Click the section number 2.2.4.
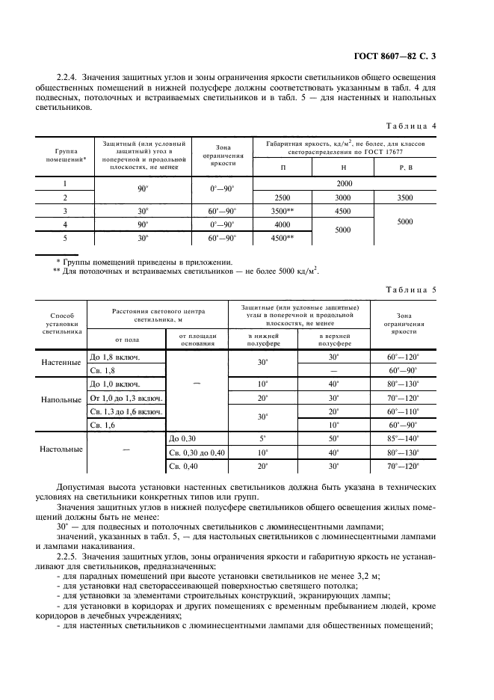click(67, 77)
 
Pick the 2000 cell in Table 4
click(345, 182)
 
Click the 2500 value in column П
click(282, 197)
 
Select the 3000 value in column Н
click(343, 197)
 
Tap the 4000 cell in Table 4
click(282, 224)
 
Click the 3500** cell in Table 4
click(282, 211)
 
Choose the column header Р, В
click(405, 167)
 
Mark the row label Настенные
click(62, 363)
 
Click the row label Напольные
click(62, 399)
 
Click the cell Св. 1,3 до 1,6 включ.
click(126, 412)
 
